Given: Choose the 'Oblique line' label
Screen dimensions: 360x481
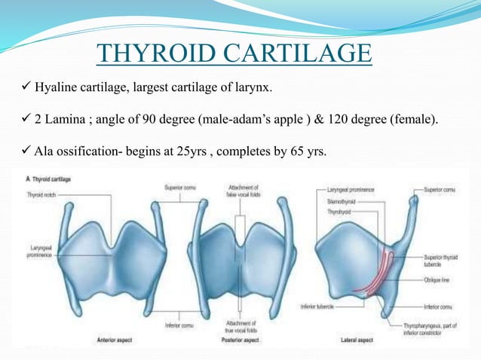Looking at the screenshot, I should (x=439, y=279).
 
